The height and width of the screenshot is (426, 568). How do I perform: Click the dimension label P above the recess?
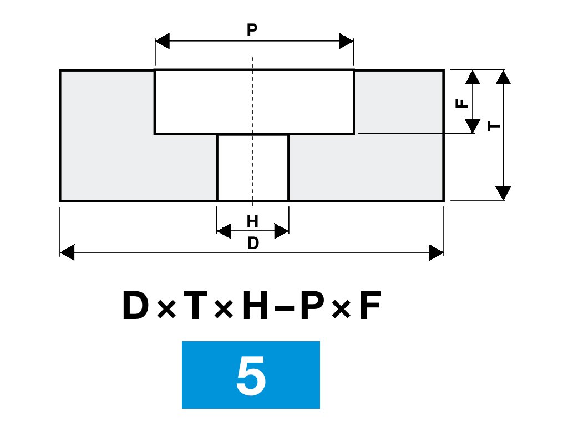252,31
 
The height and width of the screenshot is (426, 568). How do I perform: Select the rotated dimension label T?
495,126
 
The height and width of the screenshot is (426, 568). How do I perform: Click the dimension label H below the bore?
252,222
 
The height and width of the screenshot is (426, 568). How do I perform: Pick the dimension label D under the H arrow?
253,244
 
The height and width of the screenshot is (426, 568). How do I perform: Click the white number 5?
251,376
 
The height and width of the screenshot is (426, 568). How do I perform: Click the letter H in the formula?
256,307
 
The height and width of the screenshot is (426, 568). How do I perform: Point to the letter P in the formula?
313,307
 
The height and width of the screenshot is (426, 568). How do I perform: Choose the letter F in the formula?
370,307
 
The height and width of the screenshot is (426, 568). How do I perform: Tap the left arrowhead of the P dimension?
162,41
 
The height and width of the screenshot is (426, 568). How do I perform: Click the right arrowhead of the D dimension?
437,253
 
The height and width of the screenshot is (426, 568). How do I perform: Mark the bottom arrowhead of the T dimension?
503,193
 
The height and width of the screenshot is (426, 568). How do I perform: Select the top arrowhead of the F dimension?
473,77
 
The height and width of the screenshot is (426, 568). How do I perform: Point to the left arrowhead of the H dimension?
223,231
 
